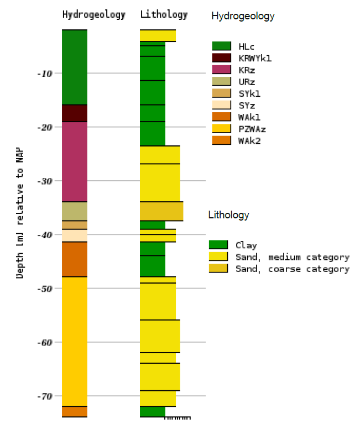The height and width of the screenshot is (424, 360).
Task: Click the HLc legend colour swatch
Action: click(221, 46)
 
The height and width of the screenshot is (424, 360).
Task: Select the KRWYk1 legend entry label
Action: click(255, 58)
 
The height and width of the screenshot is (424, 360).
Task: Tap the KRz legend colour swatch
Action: click(221, 70)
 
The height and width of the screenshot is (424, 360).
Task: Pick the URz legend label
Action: click(247, 82)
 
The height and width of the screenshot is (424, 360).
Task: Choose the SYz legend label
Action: click(247, 106)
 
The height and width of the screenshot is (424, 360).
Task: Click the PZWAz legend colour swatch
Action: click(221, 129)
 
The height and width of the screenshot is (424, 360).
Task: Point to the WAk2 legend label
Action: click(249, 141)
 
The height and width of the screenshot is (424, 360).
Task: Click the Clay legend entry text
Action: click(246, 245)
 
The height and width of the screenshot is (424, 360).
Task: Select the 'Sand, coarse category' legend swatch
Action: click(218, 269)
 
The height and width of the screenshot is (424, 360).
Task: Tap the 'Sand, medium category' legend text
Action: click(292, 257)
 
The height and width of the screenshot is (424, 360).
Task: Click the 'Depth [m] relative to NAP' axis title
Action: click(20, 212)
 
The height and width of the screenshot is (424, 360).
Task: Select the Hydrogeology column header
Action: click(93, 15)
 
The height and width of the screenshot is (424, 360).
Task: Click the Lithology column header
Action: click(164, 15)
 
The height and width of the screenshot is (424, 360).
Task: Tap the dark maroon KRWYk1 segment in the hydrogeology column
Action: click(74, 113)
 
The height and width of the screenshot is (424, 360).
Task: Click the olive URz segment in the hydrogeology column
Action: click(74, 211)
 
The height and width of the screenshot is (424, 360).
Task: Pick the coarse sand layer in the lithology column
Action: click(161, 211)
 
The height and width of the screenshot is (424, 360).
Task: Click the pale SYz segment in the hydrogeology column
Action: click(74, 235)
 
